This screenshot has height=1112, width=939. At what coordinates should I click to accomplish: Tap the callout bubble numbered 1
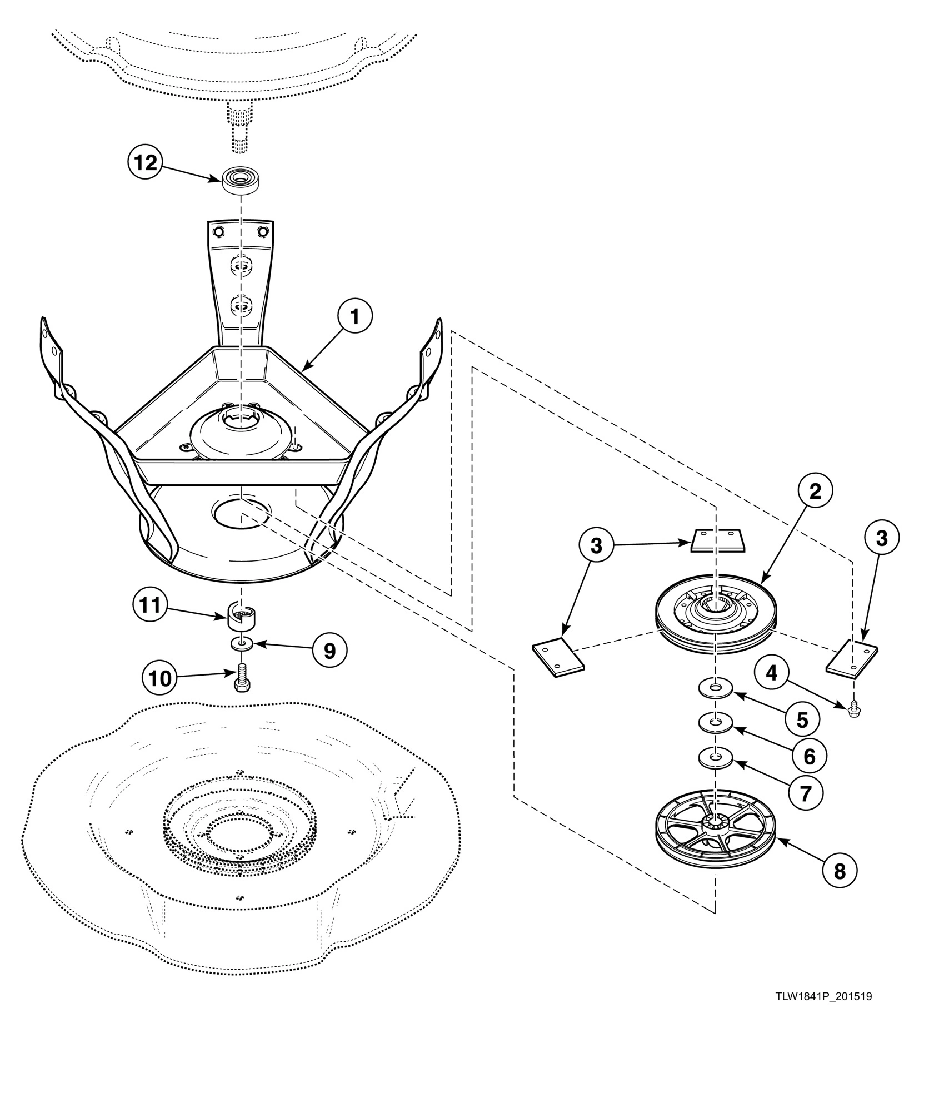(354, 317)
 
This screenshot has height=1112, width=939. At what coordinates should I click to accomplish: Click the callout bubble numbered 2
(815, 492)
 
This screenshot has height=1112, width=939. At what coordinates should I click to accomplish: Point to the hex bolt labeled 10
(241, 679)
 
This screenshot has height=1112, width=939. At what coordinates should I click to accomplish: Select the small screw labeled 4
(854, 707)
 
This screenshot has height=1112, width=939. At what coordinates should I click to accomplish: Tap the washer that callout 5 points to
(716, 690)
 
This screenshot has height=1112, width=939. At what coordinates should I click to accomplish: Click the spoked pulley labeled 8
(716, 830)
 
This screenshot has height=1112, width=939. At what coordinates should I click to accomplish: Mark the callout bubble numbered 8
(840, 871)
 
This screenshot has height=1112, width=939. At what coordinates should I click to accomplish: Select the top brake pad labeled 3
(715, 539)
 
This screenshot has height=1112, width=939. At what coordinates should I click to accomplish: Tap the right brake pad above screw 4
(852, 657)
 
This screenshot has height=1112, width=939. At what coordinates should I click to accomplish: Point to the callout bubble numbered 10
(159, 679)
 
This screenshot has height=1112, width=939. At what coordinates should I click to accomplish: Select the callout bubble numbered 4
(771, 673)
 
